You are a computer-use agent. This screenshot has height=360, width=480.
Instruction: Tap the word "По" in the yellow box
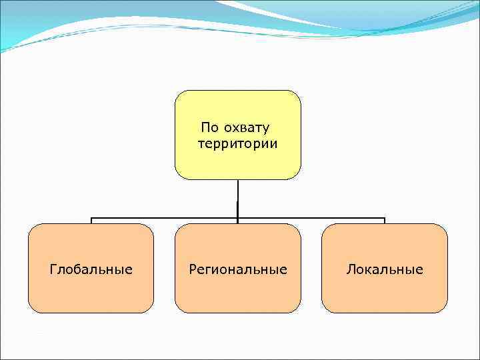tap(209, 127)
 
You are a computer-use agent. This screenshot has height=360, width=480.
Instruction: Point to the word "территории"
tap(238, 143)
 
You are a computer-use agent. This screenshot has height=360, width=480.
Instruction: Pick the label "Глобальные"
tap(91, 269)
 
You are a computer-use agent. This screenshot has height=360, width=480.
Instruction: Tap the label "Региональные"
tap(238, 269)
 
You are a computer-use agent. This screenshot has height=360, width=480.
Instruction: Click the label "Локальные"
tap(385, 269)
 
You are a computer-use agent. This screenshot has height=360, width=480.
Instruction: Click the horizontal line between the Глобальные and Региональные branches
tap(164, 218)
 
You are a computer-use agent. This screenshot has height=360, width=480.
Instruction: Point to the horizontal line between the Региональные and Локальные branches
tap(311, 218)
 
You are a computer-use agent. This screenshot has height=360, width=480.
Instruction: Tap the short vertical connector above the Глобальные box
tap(91, 221)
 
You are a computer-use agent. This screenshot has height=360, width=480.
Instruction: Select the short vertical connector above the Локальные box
tap(385, 221)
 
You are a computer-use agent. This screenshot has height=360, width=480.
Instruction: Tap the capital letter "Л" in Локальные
tap(350, 269)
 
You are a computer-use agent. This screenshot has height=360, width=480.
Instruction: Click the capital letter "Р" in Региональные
tap(193, 269)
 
